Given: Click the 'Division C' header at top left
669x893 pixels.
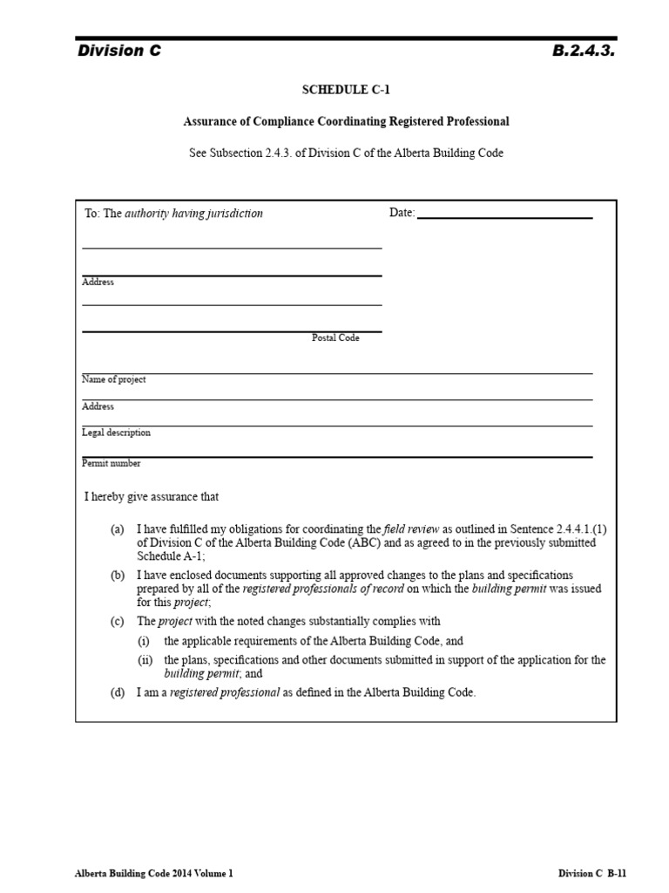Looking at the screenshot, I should (119, 51).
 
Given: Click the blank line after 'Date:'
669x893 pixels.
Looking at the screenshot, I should (505, 214).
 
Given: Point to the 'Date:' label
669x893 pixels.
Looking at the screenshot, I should (402, 213).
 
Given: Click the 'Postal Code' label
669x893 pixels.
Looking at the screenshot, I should (335, 337).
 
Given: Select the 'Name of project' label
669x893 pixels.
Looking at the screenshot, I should (114, 379).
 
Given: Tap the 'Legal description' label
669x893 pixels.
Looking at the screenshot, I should (116, 433).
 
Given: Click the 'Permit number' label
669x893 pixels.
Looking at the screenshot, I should (111, 463).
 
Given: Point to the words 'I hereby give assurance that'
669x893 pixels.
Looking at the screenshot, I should (152, 497).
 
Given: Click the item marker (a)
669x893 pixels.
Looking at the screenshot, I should (118, 528).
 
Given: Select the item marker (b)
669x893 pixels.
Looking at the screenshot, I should (118, 575).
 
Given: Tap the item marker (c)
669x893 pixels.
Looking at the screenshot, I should (118, 622).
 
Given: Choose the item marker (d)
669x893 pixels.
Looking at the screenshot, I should (118, 692).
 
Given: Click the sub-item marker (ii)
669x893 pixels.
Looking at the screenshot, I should (145, 660).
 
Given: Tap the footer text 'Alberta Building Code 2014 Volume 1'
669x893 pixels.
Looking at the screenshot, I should (153, 873).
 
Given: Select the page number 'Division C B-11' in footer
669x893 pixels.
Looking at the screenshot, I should (592, 873).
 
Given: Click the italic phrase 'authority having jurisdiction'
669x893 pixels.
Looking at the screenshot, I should (193, 213).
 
